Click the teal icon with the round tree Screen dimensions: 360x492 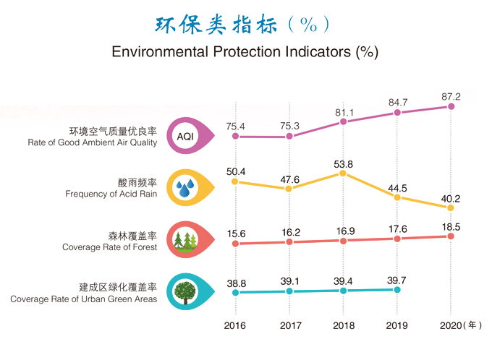pyautogui.click(x=189, y=291)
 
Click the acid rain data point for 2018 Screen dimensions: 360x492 pyautogui.click(x=343, y=173)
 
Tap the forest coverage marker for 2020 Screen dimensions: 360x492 pyautogui.click(x=450, y=236)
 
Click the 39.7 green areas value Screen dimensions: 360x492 pyautogui.click(x=396, y=280)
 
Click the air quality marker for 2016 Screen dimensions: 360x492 pyautogui.click(x=235, y=136)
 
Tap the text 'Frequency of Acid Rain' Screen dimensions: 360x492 pyautogui.click(x=111, y=194)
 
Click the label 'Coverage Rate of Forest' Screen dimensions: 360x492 pyautogui.click(x=109, y=247)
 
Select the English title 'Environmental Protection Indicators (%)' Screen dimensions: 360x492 pyautogui.click(x=245, y=53)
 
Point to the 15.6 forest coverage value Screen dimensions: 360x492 pyautogui.click(x=236, y=233)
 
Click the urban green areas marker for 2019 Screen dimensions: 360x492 pyautogui.click(x=396, y=289)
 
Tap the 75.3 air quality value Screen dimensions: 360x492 pyautogui.click(x=289, y=126)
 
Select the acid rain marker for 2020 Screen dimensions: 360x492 pyautogui.click(x=450, y=208)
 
